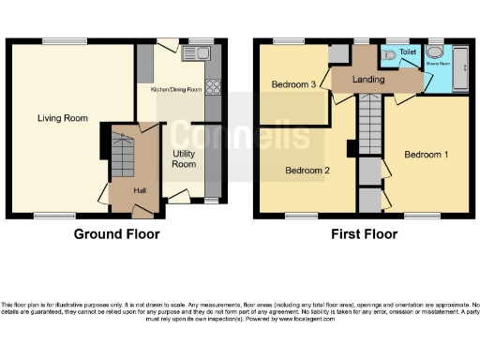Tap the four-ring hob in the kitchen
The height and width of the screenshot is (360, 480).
pyautogui.click(x=213, y=87)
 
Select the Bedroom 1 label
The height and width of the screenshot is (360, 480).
pyautogui.click(x=426, y=154)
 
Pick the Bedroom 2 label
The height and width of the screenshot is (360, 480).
pyautogui.click(x=307, y=171)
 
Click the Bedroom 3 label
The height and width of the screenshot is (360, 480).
pyautogui.click(x=293, y=84)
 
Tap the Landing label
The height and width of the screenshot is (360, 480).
pyautogui.click(x=368, y=80)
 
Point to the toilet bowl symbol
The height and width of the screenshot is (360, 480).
pyautogui.click(x=389, y=53)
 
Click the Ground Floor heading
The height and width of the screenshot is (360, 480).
pyautogui.click(x=116, y=234)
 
